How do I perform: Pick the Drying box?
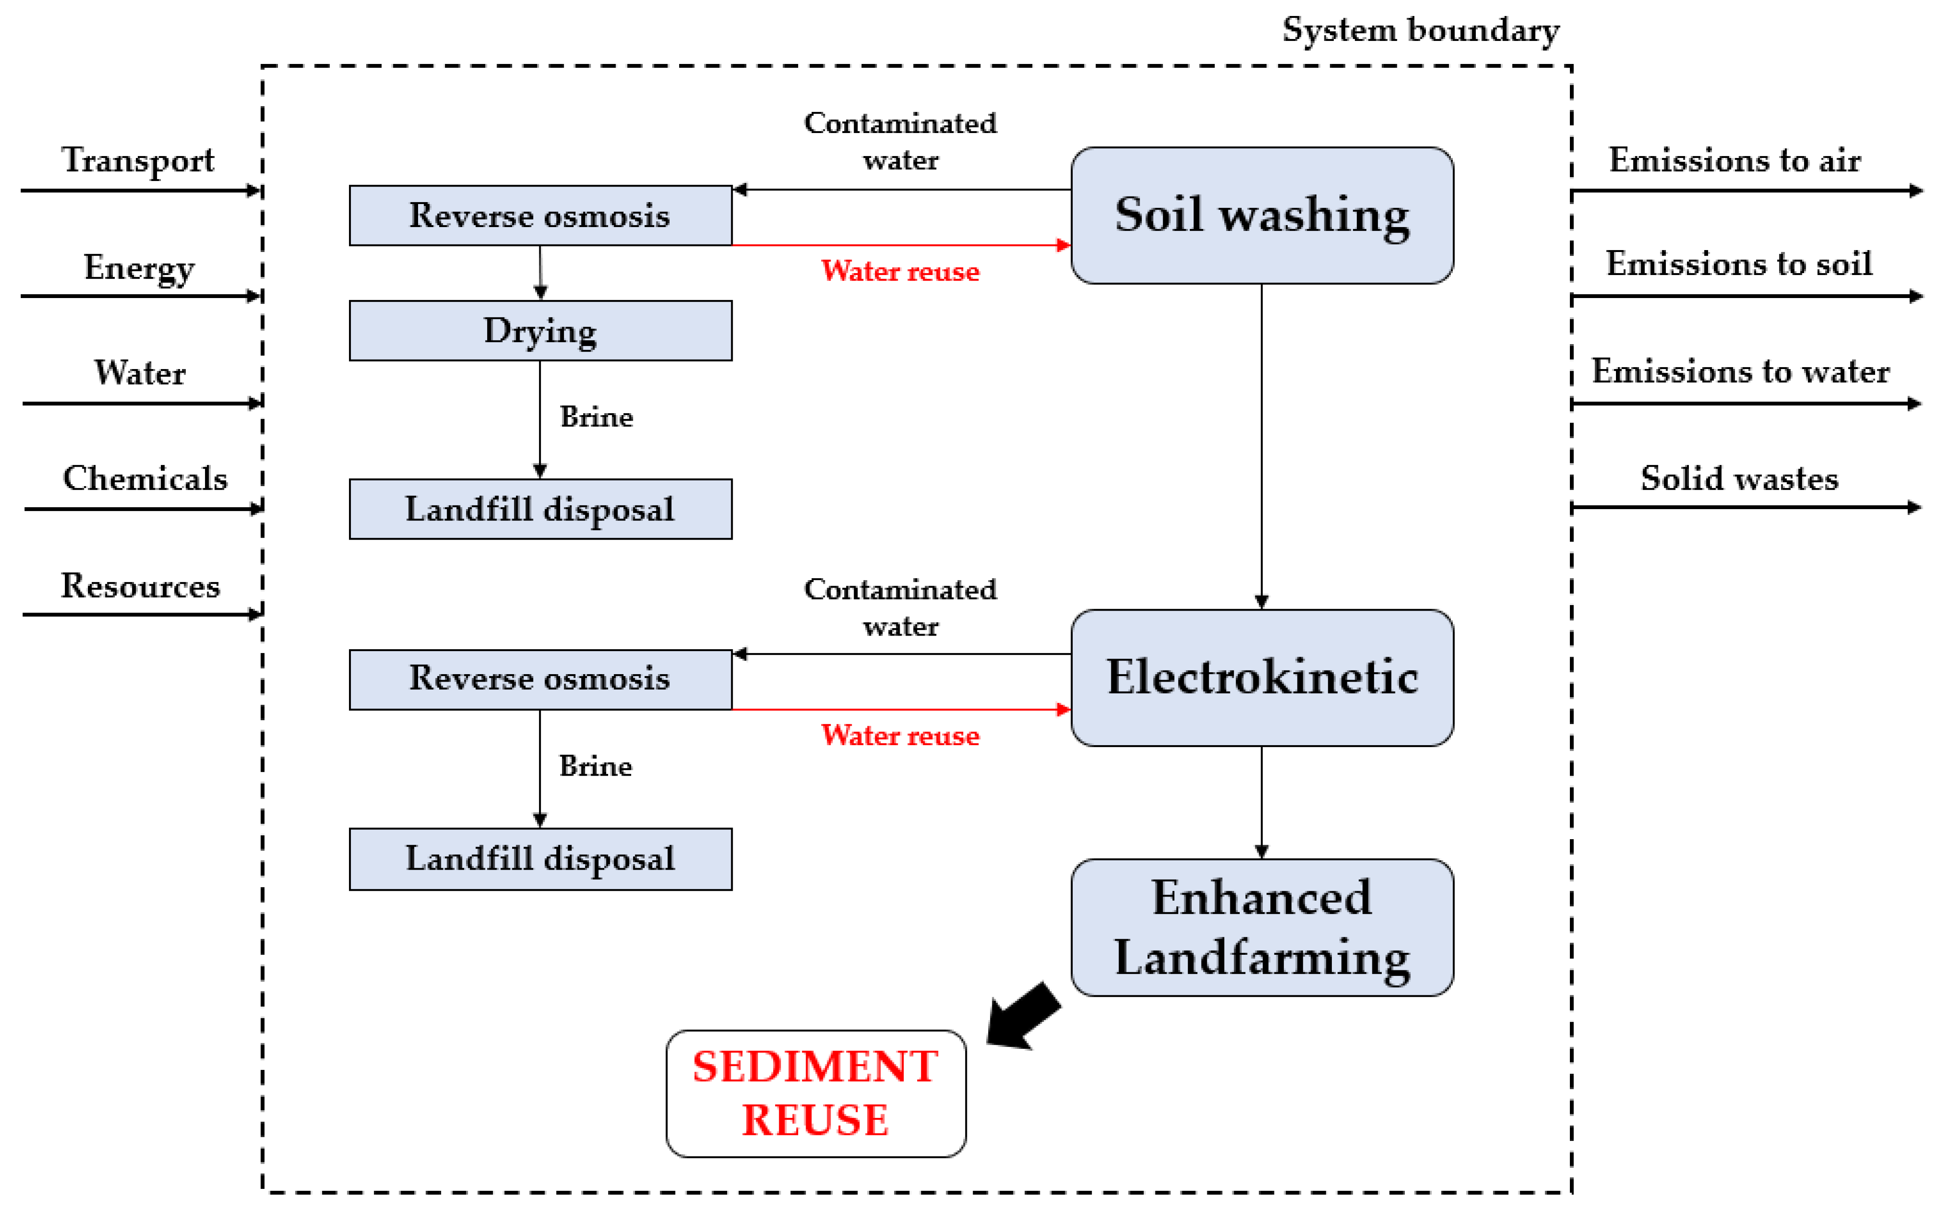tap(540, 330)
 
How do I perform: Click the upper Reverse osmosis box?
tap(540, 215)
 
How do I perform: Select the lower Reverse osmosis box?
tap(540, 679)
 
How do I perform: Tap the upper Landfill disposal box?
tap(540, 509)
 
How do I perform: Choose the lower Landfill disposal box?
tap(540, 858)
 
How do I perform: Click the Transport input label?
tap(138, 160)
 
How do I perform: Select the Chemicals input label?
tap(145, 478)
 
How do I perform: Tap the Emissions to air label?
tap(1734, 160)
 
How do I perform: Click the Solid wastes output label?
tap(1739, 478)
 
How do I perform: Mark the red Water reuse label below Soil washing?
tap(900, 271)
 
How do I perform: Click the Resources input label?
tap(140, 585)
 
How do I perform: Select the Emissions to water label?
tap(1740, 371)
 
